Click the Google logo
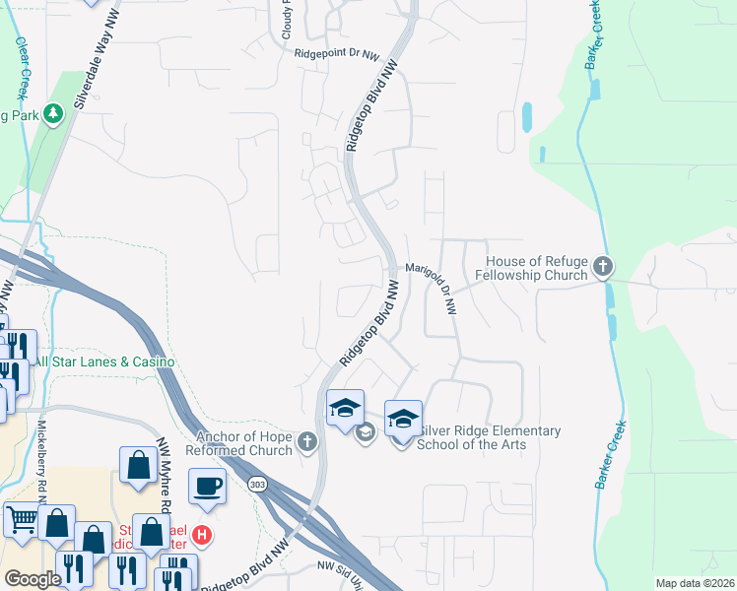tap(33, 578)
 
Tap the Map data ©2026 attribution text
tap(695, 583)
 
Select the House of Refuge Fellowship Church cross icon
tap(602, 267)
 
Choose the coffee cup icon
tap(209, 486)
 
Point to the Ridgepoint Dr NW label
tap(336, 55)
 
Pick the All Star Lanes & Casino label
tap(104, 362)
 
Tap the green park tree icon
tap(52, 114)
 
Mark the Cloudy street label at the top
tap(288, 19)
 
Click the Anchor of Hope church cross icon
tap(307, 442)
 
